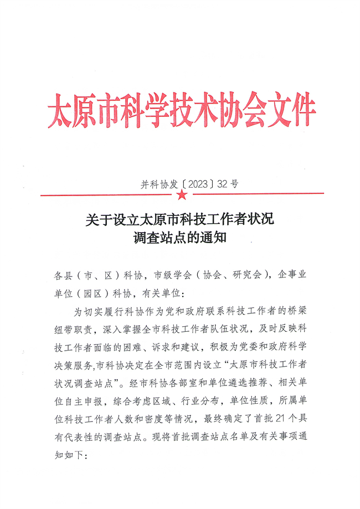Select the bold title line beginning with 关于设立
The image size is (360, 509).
pos(179,219)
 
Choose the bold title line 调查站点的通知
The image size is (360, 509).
pos(181,239)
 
